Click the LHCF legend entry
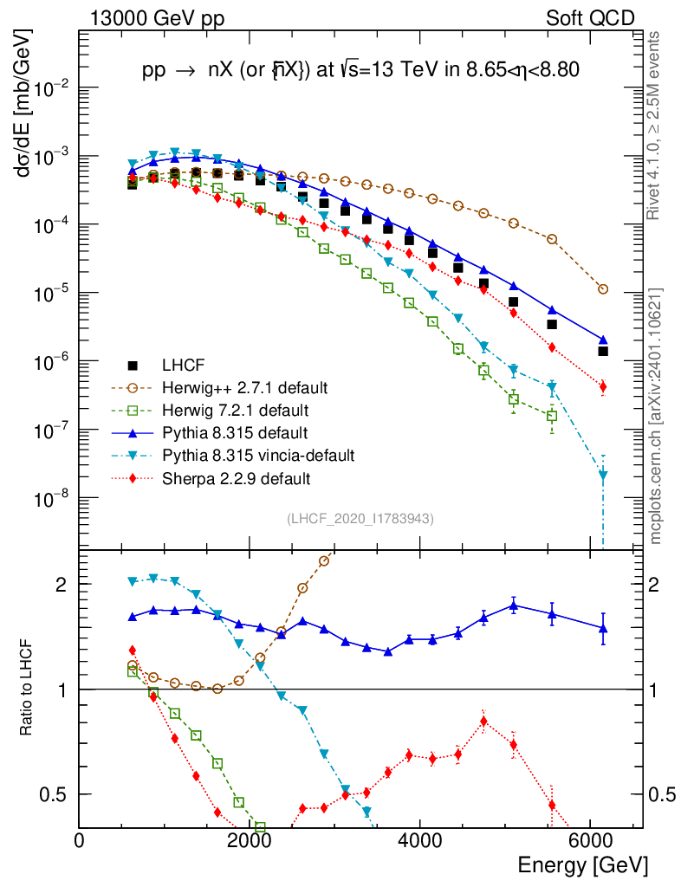[x=181, y=365]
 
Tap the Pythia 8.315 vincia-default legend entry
[x=250, y=455]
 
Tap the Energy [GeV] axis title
[x=582, y=864]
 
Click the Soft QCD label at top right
[x=590, y=18]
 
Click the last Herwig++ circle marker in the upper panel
[x=603, y=289]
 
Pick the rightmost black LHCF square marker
[x=603, y=351]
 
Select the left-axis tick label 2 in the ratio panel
[x=62, y=585]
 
